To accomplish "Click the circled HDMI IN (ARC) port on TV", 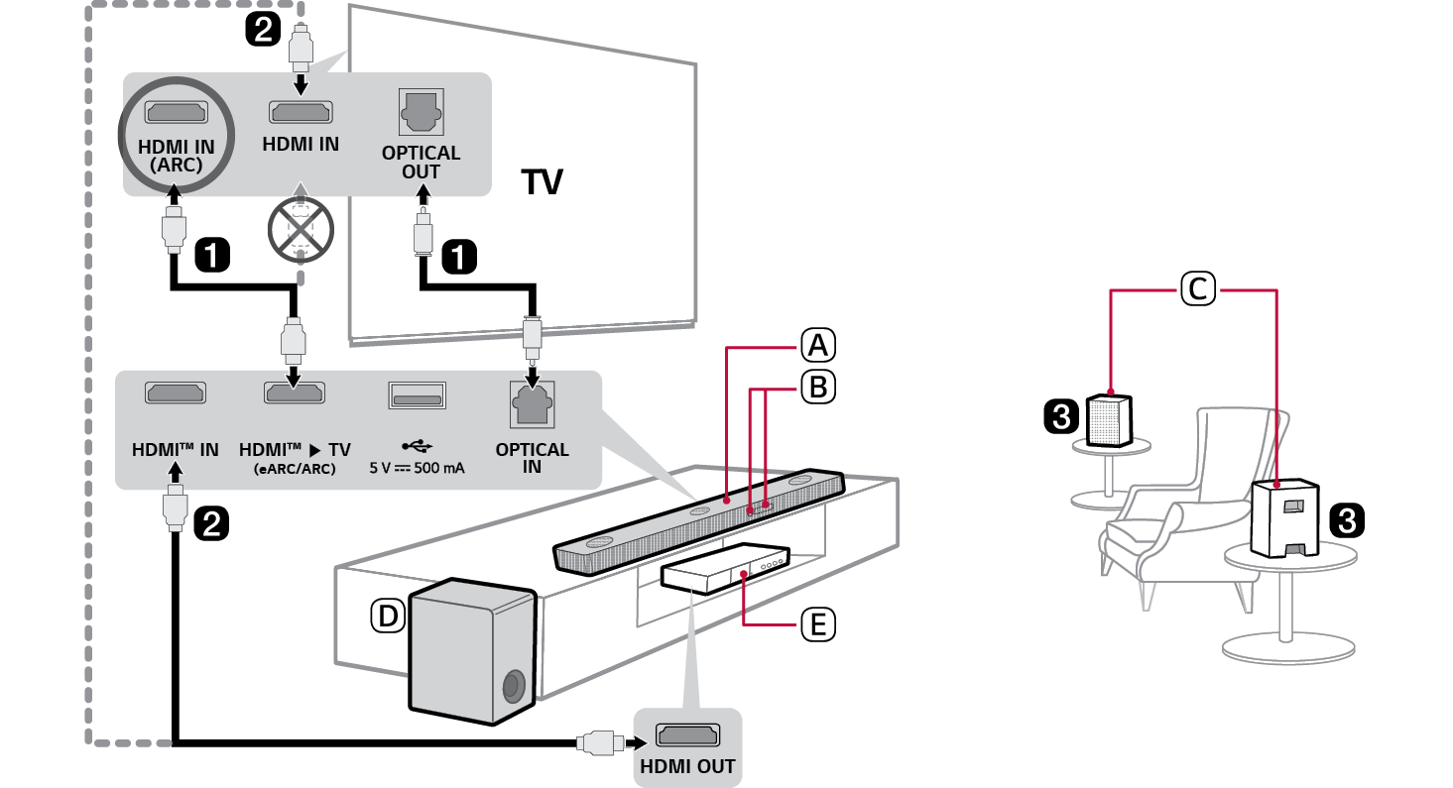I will click(x=177, y=113).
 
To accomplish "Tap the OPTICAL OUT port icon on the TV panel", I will click(x=421, y=113).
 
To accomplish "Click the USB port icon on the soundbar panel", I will click(x=417, y=395).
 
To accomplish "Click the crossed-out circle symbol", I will click(x=301, y=225).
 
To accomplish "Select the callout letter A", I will click(x=817, y=346).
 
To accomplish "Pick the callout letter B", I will click(x=817, y=388).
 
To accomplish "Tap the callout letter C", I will click(x=1197, y=288).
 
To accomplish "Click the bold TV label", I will click(x=542, y=182).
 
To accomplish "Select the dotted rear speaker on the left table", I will click(x=1110, y=420).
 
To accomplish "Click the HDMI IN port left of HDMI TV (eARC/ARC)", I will click(x=176, y=393).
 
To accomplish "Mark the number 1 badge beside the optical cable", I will click(x=457, y=258).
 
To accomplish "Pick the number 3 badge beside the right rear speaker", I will click(x=1345, y=519).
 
